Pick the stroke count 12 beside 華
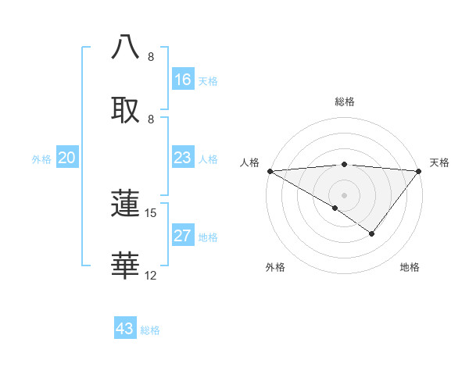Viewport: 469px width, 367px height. (151, 276)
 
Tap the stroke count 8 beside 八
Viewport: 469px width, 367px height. (151, 57)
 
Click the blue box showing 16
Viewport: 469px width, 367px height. (183, 80)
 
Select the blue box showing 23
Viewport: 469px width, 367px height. (183, 159)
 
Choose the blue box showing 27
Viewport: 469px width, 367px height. (183, 237)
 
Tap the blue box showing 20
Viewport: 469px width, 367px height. (67, 159)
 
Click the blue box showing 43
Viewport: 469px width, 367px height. (125, 329)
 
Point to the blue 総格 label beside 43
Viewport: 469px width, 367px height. (151, 330)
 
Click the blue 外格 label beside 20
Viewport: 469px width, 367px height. (41, 159)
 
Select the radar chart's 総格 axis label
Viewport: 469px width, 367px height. (345, 102)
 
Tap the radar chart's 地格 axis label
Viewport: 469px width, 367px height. (410, 267)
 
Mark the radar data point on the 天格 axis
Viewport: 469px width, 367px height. (419, 171)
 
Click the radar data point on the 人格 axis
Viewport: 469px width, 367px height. (270, 171)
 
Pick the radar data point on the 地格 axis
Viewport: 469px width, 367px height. (372, 233)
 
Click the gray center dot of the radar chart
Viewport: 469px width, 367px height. (345, 194)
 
